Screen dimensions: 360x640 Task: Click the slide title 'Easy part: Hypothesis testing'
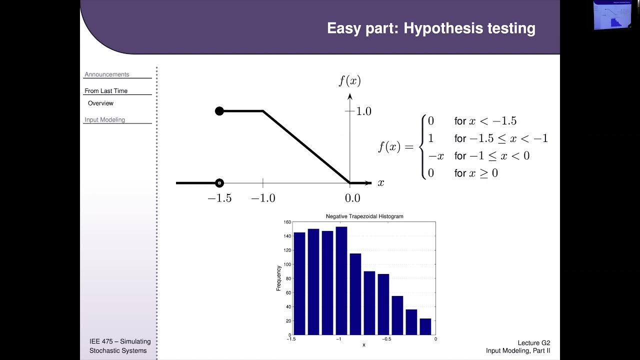431,28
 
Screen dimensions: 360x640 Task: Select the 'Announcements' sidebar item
106,74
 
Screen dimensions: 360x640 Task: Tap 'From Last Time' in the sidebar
106,91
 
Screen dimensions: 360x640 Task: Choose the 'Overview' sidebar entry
100,103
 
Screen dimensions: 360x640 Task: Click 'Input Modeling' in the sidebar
104,120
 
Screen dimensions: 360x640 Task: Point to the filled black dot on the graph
219,111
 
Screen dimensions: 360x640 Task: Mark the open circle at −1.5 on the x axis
219,183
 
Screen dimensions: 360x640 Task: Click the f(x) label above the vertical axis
349,80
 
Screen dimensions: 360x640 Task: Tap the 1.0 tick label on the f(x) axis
363,111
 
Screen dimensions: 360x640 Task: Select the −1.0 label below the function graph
263,198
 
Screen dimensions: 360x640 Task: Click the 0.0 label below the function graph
352,198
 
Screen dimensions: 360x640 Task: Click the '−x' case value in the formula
436,156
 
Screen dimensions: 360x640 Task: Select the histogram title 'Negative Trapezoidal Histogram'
364,216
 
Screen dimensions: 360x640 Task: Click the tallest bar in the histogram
341,280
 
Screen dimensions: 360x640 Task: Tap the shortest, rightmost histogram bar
425,326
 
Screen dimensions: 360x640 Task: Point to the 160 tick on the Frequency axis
287,222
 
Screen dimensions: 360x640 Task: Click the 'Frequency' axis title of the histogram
279,278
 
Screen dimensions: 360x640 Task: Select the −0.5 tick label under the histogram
386,339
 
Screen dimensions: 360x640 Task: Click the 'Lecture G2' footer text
534,343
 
